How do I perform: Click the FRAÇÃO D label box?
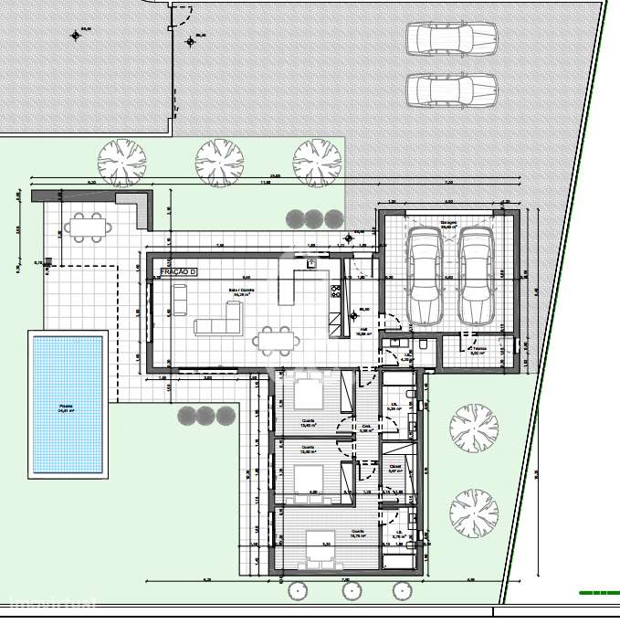pos(178,272)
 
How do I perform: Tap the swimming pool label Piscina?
pos(66,409)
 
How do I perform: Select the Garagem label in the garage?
pos(447,222)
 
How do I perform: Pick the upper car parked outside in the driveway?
pos(451,39)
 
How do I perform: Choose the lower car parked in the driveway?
pos(451,90)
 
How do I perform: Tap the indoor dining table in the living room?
pos(277,341)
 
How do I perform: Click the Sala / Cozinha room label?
pos(242,292)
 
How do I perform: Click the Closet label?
pos(394,468)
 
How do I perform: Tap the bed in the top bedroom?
pos(308,394)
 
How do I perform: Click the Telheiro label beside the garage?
pos(478,350)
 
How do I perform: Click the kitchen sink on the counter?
pos(311,262)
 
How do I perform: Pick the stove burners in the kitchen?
pos(335,291)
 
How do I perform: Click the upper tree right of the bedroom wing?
pos(474,427)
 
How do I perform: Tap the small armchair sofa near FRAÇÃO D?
pos(180,297)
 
